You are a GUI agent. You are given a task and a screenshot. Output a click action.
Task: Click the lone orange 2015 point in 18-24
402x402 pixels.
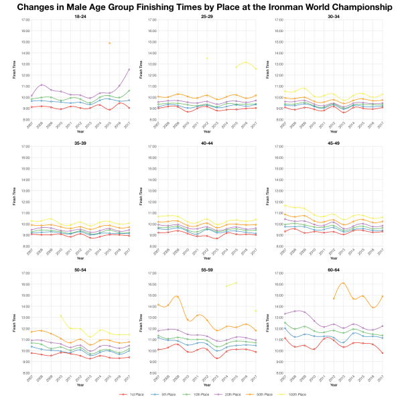[109, 43]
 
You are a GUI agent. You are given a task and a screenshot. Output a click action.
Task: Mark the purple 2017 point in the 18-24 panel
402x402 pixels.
[129, 69]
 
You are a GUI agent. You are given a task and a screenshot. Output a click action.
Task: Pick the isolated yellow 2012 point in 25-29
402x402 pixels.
[206, 58]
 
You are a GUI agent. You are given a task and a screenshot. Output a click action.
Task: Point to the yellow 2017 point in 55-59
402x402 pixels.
[255, 310]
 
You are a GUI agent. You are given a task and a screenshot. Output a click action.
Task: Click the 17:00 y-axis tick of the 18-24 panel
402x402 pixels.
[24, 20]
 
